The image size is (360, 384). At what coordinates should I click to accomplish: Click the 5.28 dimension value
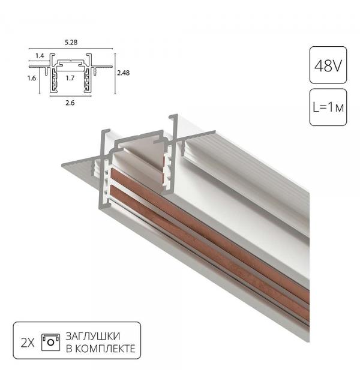click(70, 43)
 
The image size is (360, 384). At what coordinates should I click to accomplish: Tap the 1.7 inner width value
click(70, 78)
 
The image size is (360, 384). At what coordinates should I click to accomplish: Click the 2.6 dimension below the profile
click(70, 103)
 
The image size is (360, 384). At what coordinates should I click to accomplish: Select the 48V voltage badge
click(328, 64)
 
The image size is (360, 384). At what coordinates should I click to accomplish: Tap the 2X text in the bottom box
click(27, 343)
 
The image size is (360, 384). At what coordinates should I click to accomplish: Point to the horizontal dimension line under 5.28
click(70, 49)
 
